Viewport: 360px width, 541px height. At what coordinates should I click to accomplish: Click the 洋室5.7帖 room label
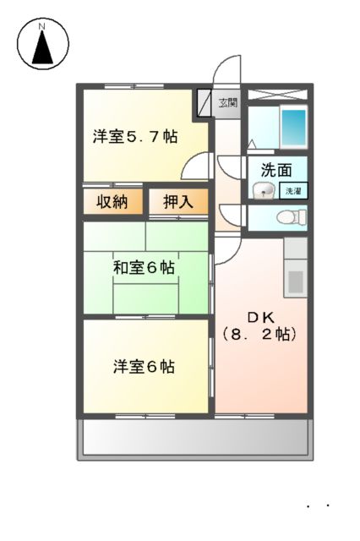point(135,135)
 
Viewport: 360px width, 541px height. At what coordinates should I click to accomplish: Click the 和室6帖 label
point(145,268)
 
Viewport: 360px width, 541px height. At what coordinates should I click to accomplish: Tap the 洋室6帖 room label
point(145,368)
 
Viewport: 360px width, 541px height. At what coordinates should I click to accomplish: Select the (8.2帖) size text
point(259,334)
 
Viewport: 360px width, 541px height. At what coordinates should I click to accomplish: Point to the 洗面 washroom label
point(276,168)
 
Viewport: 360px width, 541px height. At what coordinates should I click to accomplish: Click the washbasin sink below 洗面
point(264,190)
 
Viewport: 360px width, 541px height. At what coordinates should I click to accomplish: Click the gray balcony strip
point(194,438)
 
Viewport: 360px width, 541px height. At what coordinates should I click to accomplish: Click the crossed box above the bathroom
point(278,93)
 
